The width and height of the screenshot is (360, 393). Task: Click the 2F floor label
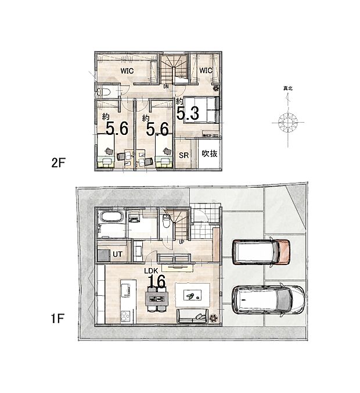59,163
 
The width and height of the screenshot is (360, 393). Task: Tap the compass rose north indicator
288,123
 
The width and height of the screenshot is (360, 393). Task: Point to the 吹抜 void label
210,154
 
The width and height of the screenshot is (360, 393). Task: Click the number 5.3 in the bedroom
188,113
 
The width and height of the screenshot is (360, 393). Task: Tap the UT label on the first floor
117,254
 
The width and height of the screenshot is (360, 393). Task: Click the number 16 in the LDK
156,281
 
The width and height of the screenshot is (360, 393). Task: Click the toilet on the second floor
105,92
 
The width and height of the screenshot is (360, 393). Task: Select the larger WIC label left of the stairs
128,71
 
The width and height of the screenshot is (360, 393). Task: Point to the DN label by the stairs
166,87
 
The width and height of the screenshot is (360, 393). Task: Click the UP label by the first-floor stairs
181,241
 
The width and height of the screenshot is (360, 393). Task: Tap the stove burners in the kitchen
123,316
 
